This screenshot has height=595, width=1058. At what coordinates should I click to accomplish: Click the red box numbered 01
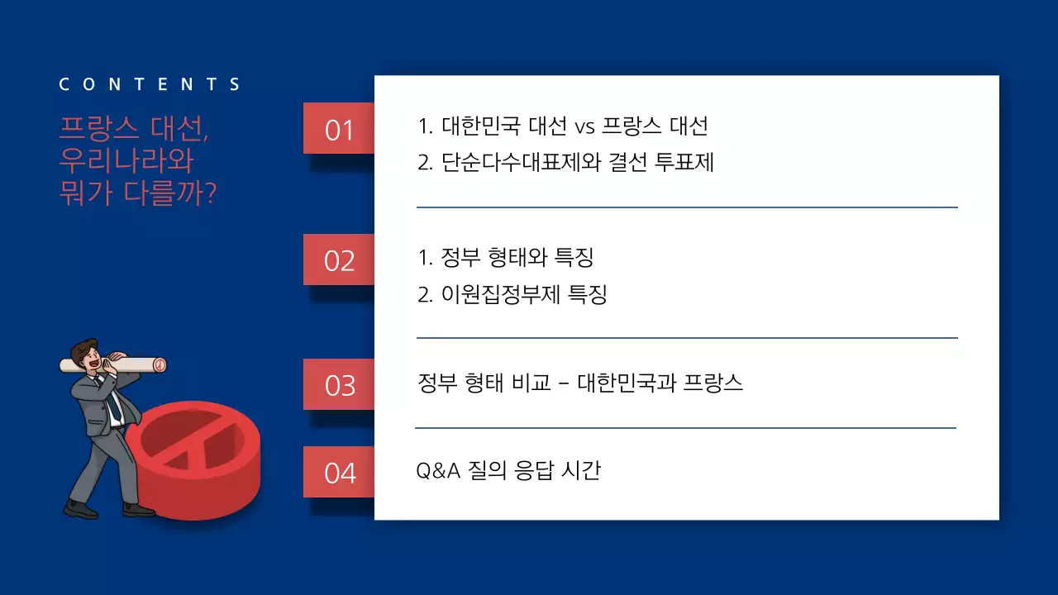click(339, 129)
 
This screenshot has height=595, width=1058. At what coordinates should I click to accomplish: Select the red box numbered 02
click(339, 260)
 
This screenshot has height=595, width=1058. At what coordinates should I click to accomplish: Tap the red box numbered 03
click(339, 385)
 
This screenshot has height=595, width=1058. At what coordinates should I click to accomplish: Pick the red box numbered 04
click(339, 473)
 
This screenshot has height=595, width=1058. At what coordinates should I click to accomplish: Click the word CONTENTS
click(150, 84)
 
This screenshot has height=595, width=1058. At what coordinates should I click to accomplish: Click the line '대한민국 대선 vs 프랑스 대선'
click(563, 126)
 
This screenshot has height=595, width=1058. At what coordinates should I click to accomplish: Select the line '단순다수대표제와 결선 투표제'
click(565, 162)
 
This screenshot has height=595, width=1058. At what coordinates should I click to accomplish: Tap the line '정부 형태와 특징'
click(506, 258)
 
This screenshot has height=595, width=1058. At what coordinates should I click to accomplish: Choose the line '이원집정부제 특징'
click(512, 294)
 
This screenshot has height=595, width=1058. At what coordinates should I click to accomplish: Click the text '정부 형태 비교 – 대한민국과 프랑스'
click(580, 383)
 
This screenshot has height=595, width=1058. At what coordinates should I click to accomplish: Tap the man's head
click(87, 355)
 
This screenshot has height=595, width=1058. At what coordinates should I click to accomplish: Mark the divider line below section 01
click(686, 207)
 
